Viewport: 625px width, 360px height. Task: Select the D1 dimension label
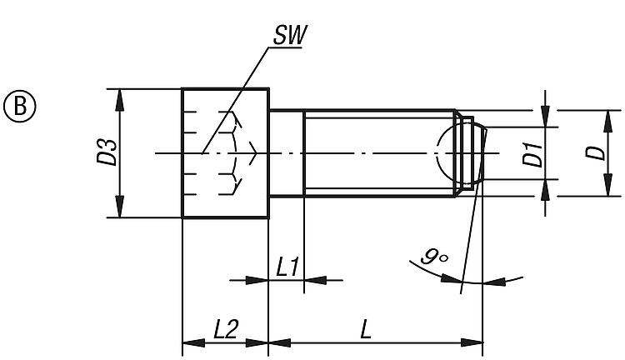click(532, 154)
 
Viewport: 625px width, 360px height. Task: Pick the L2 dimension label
click(225, 329)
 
